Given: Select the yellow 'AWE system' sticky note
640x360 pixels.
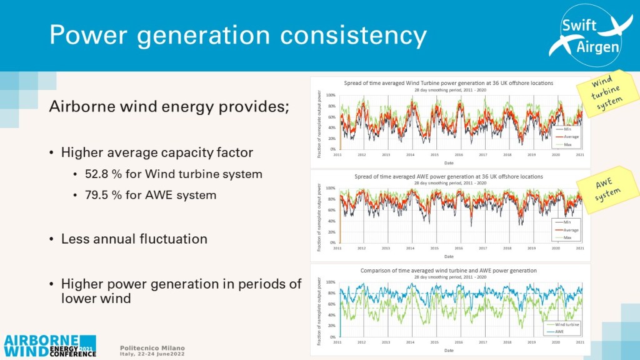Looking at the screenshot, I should (608, 187).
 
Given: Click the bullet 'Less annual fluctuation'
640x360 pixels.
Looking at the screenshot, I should (134, 239).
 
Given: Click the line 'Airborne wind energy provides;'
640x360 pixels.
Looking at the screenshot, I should (169, 106).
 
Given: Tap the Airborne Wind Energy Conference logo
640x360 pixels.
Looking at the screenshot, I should (50, 345).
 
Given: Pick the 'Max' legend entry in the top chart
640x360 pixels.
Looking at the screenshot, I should (567, 144).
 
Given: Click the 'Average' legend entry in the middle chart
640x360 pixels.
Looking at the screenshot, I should (571, 230).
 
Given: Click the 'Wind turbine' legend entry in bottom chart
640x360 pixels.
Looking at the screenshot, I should (568, 324).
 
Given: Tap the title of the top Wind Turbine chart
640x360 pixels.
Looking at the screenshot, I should (449, 82).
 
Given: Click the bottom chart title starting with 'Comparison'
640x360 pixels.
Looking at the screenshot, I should (449, 271).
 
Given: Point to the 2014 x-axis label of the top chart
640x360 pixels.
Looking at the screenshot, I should (410, 154).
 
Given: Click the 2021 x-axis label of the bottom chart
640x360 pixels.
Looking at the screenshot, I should (579, 342).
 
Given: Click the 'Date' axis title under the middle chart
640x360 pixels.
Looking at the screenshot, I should (449, 256).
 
